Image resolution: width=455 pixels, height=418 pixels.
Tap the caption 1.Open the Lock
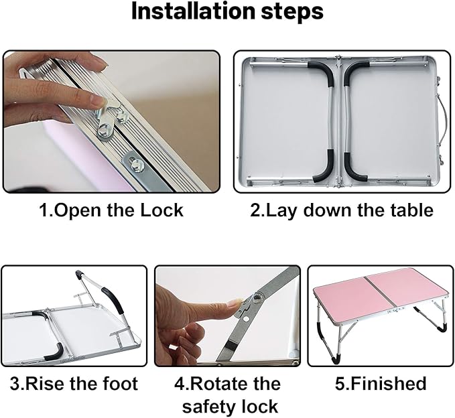[111, 210]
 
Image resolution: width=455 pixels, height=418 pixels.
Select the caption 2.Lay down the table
[342, 210]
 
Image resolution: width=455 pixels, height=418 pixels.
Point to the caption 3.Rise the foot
[74, 384]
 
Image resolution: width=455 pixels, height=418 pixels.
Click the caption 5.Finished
[381, 384]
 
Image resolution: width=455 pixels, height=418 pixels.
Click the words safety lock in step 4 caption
[230, 406]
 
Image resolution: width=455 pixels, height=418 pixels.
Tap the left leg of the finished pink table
[322, 328]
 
